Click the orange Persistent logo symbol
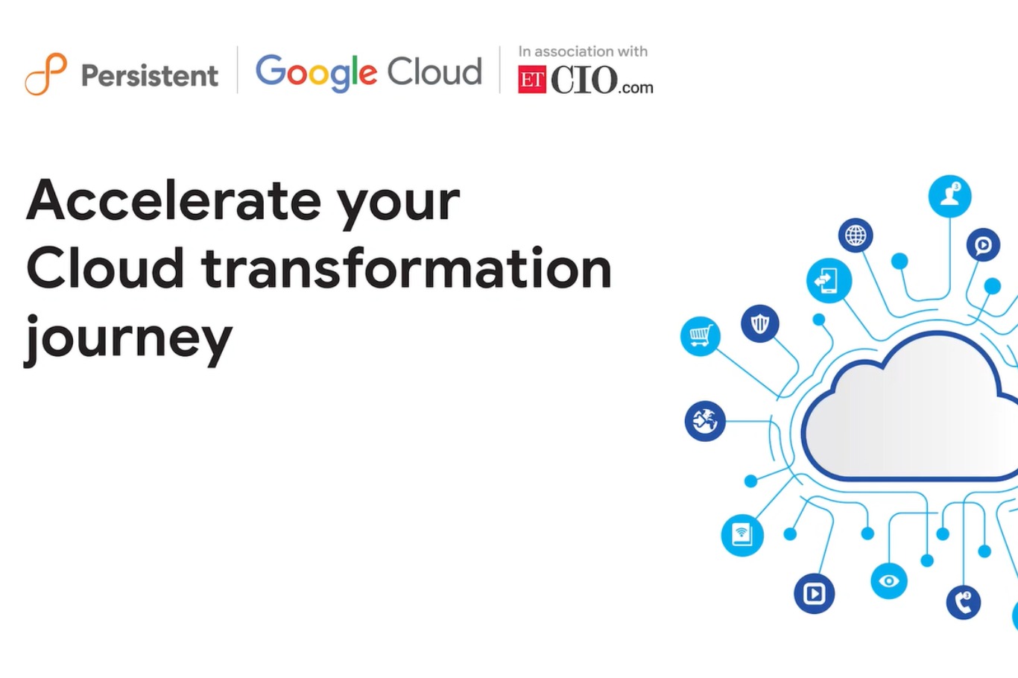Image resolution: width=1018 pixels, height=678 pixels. click(46, 75)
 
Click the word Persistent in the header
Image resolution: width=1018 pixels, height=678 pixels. click(150, 75)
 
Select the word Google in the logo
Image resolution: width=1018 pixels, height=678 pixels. click(316, 72)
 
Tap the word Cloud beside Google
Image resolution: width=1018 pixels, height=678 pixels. click(434, 72)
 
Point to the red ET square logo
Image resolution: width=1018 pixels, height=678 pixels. click(532, 80)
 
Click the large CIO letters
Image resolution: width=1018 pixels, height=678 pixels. click(584, 80)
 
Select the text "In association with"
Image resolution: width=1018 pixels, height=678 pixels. click(583, 51)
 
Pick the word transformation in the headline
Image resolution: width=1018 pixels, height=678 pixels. click(407, 268)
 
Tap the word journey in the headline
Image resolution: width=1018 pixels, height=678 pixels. click(129, 338)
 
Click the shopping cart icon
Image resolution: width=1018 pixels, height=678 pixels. click(701, 336)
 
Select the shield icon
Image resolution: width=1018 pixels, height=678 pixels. click(760, 323)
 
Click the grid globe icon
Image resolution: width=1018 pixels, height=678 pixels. click(856, 235)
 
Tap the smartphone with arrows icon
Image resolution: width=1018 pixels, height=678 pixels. click(829, 281)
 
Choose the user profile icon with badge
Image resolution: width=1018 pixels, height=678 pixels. click(950, 196)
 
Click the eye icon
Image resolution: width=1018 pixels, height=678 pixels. click(889, 580)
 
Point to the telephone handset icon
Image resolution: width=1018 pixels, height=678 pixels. click(964, 602)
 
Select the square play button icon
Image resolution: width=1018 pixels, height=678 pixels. click(814, 593)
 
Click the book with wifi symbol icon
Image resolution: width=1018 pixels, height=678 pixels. click(742, 534)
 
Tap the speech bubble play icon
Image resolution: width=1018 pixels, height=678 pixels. click(983, 244)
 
